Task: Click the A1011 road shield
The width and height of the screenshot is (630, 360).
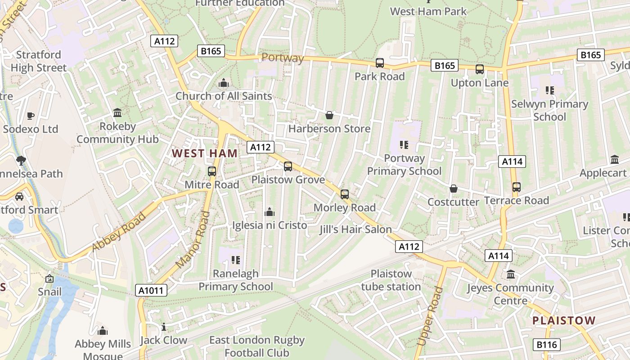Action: (151, 291)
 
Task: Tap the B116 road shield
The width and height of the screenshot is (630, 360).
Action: (547, 345)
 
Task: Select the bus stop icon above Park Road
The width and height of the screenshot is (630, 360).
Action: (380, 63)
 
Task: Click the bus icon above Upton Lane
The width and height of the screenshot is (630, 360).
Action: (480, 69)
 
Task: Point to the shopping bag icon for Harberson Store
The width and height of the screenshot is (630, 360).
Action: (329, 116)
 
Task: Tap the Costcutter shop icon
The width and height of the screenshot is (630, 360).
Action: (453, 189)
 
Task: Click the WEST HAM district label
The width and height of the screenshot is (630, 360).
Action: (205, 153)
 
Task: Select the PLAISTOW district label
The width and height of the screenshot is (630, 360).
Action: (564, 321)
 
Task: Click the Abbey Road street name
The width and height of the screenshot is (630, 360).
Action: (119, 232)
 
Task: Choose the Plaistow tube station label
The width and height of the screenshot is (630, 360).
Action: (391, 280)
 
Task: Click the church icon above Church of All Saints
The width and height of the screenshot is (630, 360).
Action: (223, 83)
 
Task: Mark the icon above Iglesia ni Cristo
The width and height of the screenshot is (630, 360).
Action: (270, 211)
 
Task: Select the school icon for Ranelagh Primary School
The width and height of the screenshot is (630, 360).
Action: (236, 260)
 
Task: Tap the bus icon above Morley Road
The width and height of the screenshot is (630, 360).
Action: (345, 194)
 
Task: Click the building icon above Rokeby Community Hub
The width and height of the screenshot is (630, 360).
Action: (117, 112)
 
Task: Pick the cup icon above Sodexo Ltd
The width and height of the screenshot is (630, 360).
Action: (31, 116)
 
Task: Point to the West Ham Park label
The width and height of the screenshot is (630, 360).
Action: (428, 11)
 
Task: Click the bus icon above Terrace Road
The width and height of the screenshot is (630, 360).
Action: (517, 187)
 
